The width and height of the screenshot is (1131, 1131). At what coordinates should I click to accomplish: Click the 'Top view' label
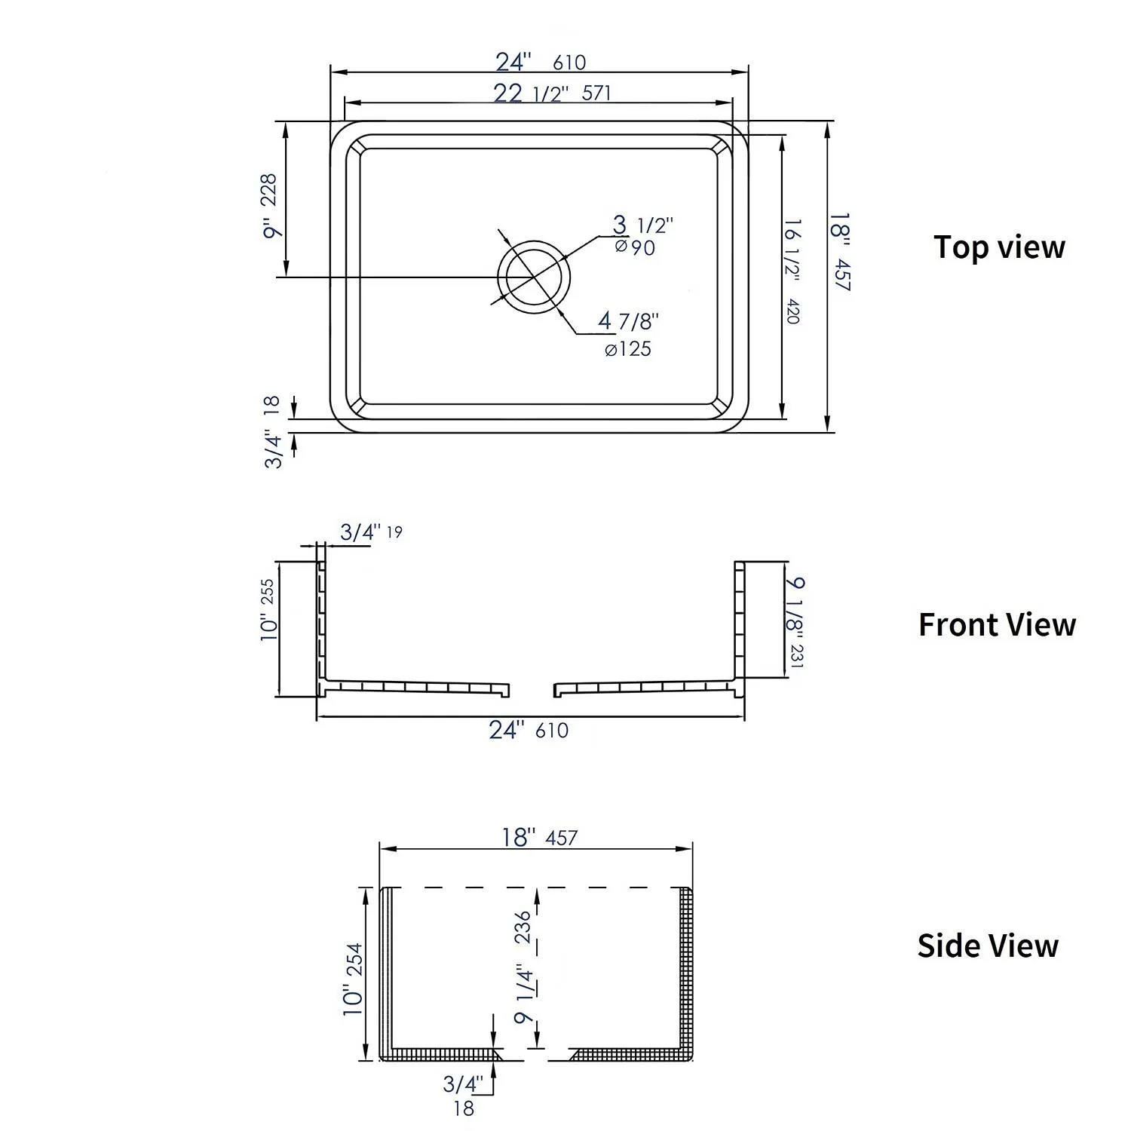(x=998, y=247)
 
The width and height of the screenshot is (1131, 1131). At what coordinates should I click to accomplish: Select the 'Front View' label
(x=997, y=624)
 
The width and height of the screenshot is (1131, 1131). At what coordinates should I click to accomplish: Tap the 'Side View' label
(x=988, y=946)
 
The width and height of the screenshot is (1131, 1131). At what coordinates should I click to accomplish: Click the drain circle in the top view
(x=533, y=277)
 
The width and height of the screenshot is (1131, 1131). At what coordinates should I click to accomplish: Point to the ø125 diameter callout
(x=627, y=349)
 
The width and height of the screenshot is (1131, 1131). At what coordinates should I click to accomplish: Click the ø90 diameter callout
(x=635, y=247)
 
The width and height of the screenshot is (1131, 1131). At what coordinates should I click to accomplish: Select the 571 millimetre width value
(x=596, y=93)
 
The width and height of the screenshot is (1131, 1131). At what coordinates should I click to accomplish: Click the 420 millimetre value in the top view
(x=792, y=311)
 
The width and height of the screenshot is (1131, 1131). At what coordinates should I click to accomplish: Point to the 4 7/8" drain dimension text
(x=628, y=321)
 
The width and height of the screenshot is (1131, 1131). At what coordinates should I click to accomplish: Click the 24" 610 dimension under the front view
(x=529, y=730)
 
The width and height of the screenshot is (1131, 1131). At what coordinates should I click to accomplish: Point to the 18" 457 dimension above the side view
(x=540, y=837)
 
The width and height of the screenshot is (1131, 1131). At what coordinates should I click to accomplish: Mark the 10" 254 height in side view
(x=353, y=979)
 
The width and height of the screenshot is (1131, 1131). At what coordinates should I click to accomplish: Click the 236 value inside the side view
(x=523, y=927)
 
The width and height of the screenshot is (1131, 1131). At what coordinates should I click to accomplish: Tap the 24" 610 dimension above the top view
(x=540, y=62)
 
